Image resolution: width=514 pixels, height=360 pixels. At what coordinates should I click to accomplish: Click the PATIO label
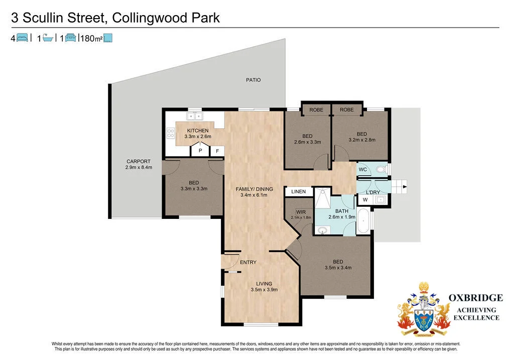(x=253, y=80)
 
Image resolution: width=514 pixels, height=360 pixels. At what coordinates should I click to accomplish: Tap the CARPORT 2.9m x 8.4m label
(x=139, y=164)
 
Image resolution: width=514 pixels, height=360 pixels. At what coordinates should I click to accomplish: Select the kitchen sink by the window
(x=194, y=116)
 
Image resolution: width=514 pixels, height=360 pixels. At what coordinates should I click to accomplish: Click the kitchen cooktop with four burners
(x=171, y=134)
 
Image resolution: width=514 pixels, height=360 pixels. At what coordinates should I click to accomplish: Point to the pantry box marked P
(x=200, y=150)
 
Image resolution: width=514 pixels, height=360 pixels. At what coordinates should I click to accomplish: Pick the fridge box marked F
(x=217, y=150)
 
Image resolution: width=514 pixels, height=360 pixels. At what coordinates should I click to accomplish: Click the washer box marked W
(x=365, y=200)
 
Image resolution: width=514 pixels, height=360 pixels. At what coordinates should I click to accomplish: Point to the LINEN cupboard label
(x=298, y=192)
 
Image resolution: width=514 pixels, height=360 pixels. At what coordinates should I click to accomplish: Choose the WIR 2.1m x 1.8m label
(x=301, y=214)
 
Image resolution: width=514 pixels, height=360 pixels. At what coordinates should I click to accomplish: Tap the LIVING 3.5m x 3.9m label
(x=264, y=286)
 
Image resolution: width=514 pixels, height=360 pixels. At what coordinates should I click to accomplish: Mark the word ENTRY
(x=248, y=263)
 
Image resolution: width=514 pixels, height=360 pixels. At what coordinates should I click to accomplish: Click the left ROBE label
(x=316, y=109)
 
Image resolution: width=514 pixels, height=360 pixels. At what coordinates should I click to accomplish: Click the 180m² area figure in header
(x=91, y=38)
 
